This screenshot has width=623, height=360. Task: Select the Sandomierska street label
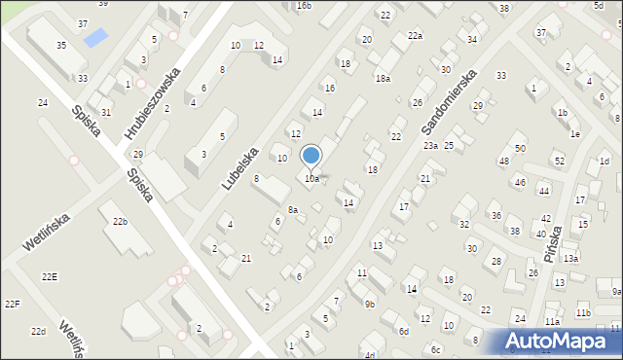[x=449, y=102]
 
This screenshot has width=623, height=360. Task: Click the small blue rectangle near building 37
[x=96, y=38]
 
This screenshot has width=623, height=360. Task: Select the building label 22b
[x=119, y=222]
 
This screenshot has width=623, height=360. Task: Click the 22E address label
[x=49, y=277]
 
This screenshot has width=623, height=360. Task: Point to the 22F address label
[x=12, y=305]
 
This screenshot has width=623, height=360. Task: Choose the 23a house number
[x=430, y=145]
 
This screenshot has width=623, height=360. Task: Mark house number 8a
[x=291, y=210]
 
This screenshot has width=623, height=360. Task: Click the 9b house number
[x=369, y=304]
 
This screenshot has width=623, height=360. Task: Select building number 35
[x=61, y=46]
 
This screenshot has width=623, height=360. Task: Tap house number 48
[x=503, y=161]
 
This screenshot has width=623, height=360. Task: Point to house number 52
[x=559, y=161]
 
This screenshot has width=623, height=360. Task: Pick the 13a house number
[x=570, y=259]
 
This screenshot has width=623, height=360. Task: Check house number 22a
[x=415, y=35]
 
